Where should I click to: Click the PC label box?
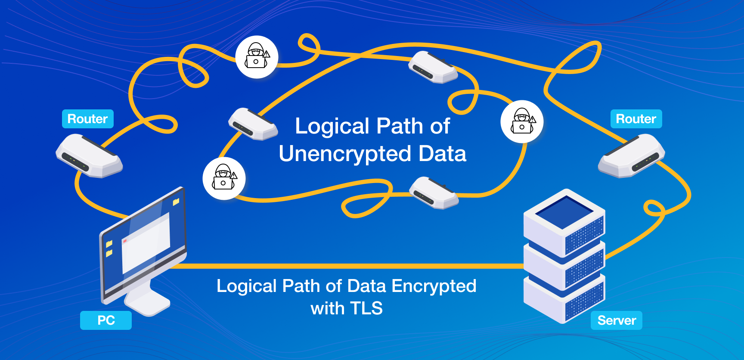(106, 320)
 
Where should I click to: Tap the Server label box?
(617, 320)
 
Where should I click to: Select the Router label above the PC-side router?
(88, 119)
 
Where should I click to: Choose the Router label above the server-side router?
(636, 119)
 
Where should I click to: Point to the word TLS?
(366, 308)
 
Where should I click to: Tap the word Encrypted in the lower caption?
(434, 286)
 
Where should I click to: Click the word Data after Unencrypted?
(443, 154)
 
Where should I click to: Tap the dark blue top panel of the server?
(564, 212)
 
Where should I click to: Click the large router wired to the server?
(632, 156)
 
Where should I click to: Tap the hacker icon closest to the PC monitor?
(224, 178)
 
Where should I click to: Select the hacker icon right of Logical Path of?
(522, 121)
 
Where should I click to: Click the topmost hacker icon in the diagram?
(257, 57)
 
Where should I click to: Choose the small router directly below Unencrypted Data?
(434, 193)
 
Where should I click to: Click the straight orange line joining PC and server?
(344, 266)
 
